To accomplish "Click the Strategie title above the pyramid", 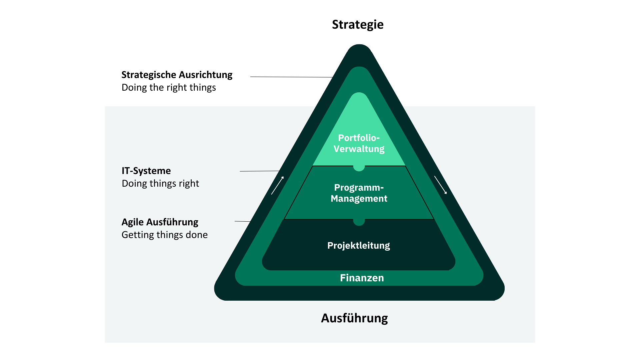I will (358, 25).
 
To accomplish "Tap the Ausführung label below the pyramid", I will (354, 318).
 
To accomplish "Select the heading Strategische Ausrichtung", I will (177, 75).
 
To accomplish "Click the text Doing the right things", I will (169, 87).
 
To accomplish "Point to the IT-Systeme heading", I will (146, 171).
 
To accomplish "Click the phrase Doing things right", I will (160, 183).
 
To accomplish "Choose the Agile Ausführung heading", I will (160, 222).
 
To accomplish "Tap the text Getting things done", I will (164, 235).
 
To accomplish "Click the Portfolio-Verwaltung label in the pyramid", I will (359, 143).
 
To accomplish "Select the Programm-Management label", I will (359, 193).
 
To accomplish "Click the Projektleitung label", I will (359, 246).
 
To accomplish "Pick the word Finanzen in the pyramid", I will (362, 278).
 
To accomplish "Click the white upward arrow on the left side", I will (277, 185).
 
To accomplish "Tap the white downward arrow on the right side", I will (440, 185).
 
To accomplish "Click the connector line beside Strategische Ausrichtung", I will (291, 77).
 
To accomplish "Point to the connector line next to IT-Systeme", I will (259, 171).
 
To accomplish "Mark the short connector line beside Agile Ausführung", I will (242, 221).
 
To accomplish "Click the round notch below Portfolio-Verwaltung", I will (359, 168).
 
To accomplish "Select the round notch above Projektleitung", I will (359, 222).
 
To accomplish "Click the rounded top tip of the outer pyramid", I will (359, 49).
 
